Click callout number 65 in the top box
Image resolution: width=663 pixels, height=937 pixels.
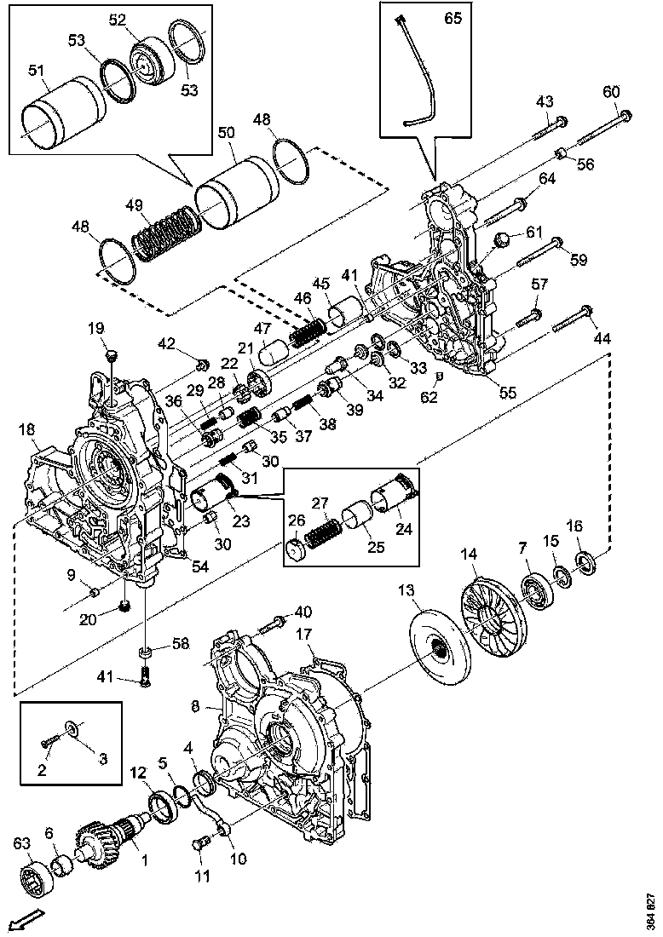click(x=453, y=19)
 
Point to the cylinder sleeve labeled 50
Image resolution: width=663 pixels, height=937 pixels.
click(x=236, y=193)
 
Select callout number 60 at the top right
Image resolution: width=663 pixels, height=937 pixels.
click(x=611, y=90)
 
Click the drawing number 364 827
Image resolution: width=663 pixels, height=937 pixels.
click(x=651, y=911)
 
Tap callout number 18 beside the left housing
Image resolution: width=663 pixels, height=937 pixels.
click(x=26, y=430)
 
